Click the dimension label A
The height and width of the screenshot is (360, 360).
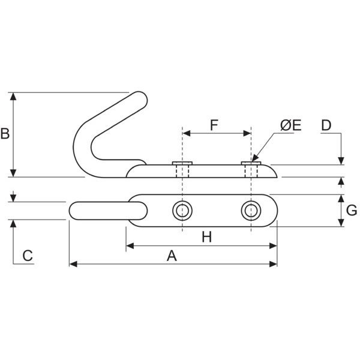click(x=172, y=256)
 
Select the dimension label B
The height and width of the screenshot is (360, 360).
click(x=5, y=133)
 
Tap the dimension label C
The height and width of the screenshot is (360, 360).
click(x=27, y=256)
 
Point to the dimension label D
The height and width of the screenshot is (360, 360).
click(x=326, y=125)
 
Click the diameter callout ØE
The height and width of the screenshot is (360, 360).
click(x=290, y=125)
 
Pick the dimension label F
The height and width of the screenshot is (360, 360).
click(x=214, y=125)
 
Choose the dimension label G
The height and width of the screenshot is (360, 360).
click(x=352, y=211)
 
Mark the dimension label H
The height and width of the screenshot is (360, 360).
click(x=207, y=237)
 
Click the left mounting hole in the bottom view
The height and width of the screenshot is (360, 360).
click(x=182, y=211)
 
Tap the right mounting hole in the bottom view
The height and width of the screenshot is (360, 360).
click(x=251, y=211)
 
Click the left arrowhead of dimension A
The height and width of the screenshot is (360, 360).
click(x=73, y=263)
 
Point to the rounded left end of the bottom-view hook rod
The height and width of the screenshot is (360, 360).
click(x=74, y=211)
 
